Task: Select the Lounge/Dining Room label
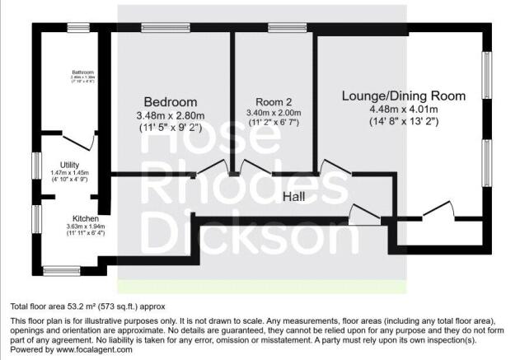pos(404,96)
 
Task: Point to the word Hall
pos(295,198)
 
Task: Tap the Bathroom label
pos(82,72)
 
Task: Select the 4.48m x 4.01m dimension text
pos(404,110)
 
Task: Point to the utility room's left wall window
pos(35,165)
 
